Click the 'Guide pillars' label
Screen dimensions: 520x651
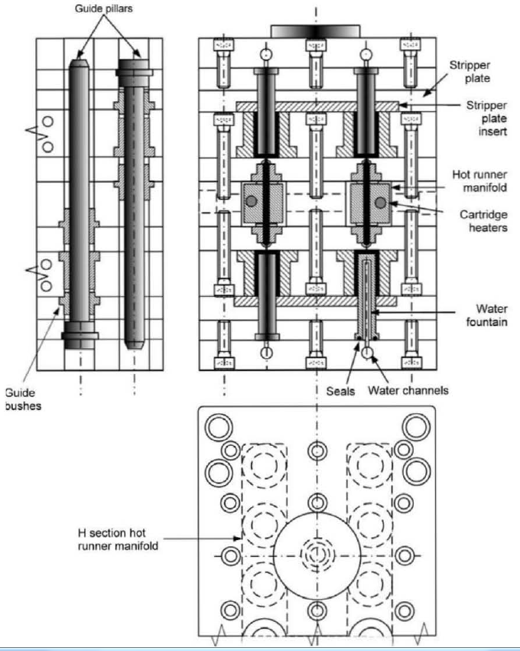(104, 8)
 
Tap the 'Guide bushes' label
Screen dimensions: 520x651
(23, 399)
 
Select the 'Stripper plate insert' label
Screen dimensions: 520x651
(486, 119)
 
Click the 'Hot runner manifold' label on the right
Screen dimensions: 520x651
(479, 181)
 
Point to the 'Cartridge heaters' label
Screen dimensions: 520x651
(483, 221)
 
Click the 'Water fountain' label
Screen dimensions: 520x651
(486, 315)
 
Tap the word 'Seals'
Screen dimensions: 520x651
(340, 391)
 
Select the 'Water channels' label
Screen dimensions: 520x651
(408, 390)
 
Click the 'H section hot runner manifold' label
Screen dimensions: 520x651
(118, 539)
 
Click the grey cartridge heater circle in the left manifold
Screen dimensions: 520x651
(251, 201)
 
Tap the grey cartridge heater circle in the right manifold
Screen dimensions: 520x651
(381, 203)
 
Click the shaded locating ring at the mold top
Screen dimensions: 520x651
(315, 31)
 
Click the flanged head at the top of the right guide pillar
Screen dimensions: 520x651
(134, 67)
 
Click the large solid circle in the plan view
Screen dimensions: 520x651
(317, 556)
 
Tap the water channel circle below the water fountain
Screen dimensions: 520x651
(366, 353)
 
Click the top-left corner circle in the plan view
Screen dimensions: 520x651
(219, 427)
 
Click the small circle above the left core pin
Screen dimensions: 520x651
(265, 54)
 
